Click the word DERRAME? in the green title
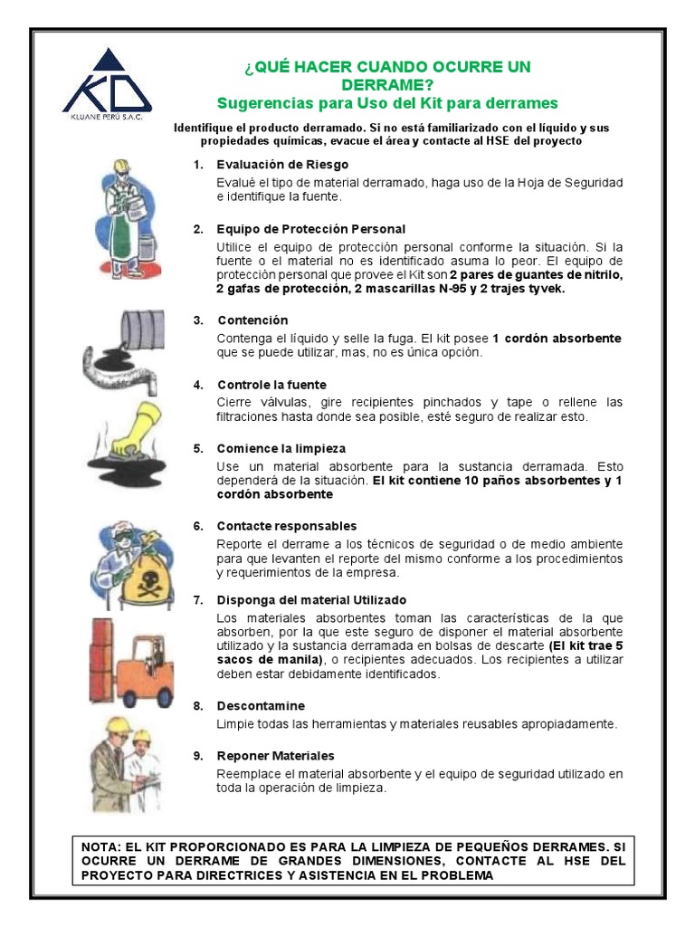tap(388, 84)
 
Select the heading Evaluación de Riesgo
tap(270, 165)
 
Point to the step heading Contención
tap(252, 320)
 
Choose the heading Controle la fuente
tap(271, 385)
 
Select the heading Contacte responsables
tap(287, 526)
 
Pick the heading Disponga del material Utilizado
tap(311, 600)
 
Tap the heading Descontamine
tap(261, 705)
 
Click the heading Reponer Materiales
tap(275, 755)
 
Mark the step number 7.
tap(197, 600)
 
